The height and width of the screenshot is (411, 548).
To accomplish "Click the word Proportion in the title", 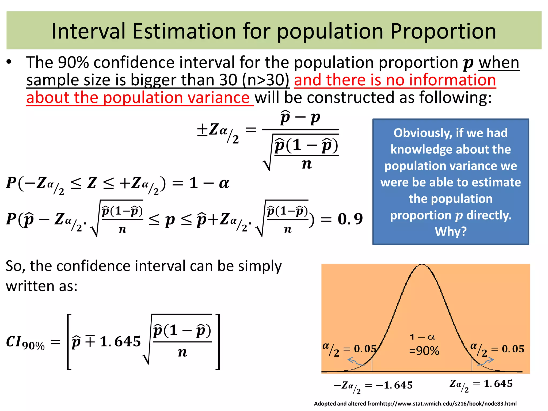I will (x=443, y=32).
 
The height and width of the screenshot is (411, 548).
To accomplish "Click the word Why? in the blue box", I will (x=451, y=231).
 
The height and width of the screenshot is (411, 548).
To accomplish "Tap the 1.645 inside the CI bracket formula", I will (x=120, y=341).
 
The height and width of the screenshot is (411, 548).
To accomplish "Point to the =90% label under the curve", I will (x=424, y=351).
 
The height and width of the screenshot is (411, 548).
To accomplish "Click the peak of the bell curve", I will (x=422, y=265).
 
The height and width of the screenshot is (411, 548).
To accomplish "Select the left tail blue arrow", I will (x=355, y=362).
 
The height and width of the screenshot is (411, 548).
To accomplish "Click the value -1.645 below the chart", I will (x=394, y=385).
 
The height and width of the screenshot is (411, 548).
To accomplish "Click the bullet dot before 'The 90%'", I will (x=9, y=62).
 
